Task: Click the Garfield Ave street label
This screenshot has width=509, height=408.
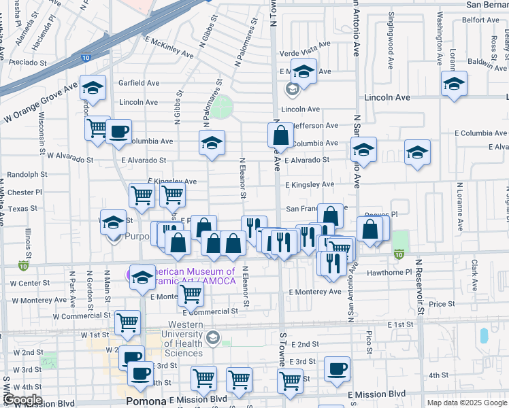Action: (139, 83)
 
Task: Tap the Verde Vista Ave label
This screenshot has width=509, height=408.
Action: (305, 44)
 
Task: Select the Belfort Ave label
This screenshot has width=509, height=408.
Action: (481, 20)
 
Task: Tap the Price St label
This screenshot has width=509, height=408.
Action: (441, 304)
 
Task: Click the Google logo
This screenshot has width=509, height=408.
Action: (22, 400)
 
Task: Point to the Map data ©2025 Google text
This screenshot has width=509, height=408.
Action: (466, 403)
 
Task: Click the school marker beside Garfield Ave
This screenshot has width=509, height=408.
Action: (92, 88)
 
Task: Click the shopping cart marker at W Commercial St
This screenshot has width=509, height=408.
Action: (127, 323)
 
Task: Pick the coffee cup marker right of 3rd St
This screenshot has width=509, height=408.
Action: (337, 369)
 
